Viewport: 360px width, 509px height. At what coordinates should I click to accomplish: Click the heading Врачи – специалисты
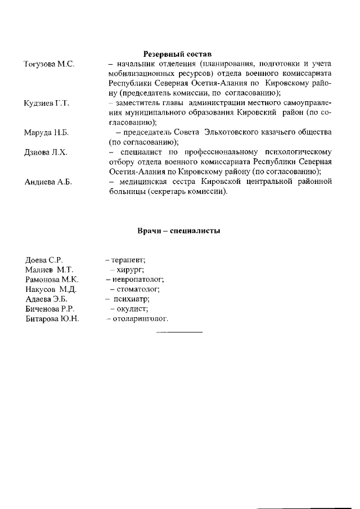tap(178, 231)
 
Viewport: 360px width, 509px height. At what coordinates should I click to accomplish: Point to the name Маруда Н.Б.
tap(46, 133)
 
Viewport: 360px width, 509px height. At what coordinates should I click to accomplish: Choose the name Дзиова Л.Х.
tap(46, 152)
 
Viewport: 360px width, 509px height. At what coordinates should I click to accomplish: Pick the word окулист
tap(133, 309)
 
